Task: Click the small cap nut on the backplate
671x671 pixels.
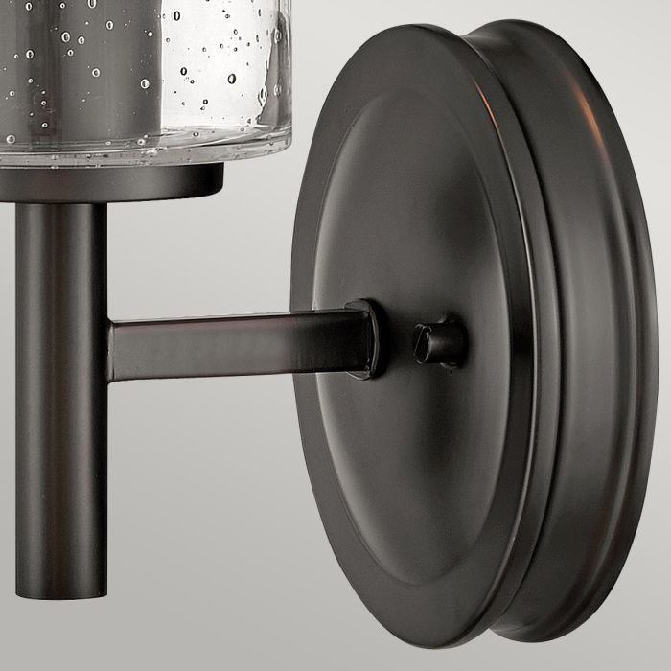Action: tap(439, 341)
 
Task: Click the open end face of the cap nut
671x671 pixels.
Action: tap(423, 341)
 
